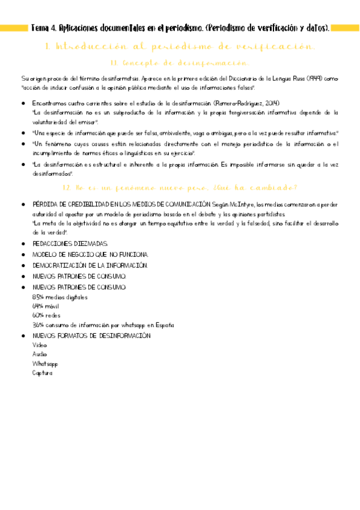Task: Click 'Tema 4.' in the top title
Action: [43, 28]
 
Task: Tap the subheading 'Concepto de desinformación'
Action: [180, 63]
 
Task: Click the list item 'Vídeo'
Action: [40, 345]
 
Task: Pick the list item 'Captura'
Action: [42, 373]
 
